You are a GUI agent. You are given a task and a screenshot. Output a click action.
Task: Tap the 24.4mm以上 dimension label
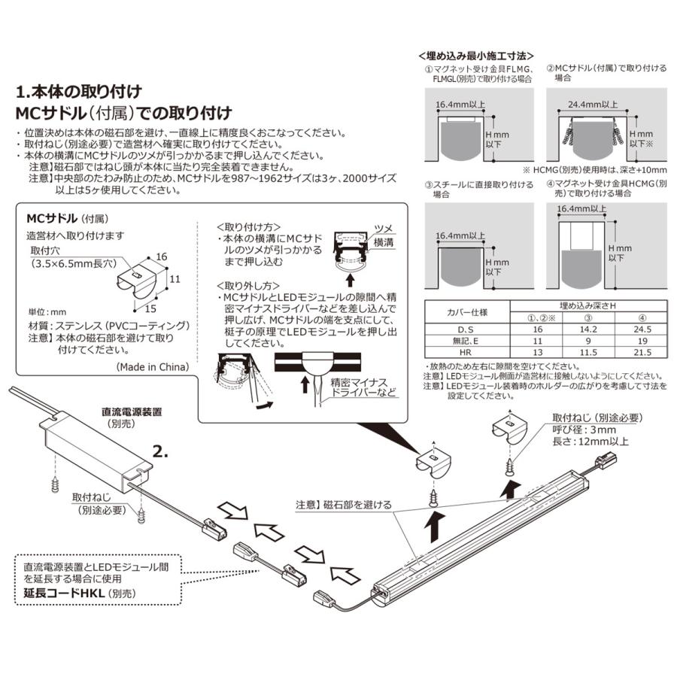pyautogui.click(x=594, y=105)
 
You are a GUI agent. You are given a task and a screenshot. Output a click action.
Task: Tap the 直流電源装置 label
pyautogui.click(x=132, y=412)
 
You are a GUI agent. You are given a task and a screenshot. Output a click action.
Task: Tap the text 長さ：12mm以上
pyautogui.click(x=590, y=442)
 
